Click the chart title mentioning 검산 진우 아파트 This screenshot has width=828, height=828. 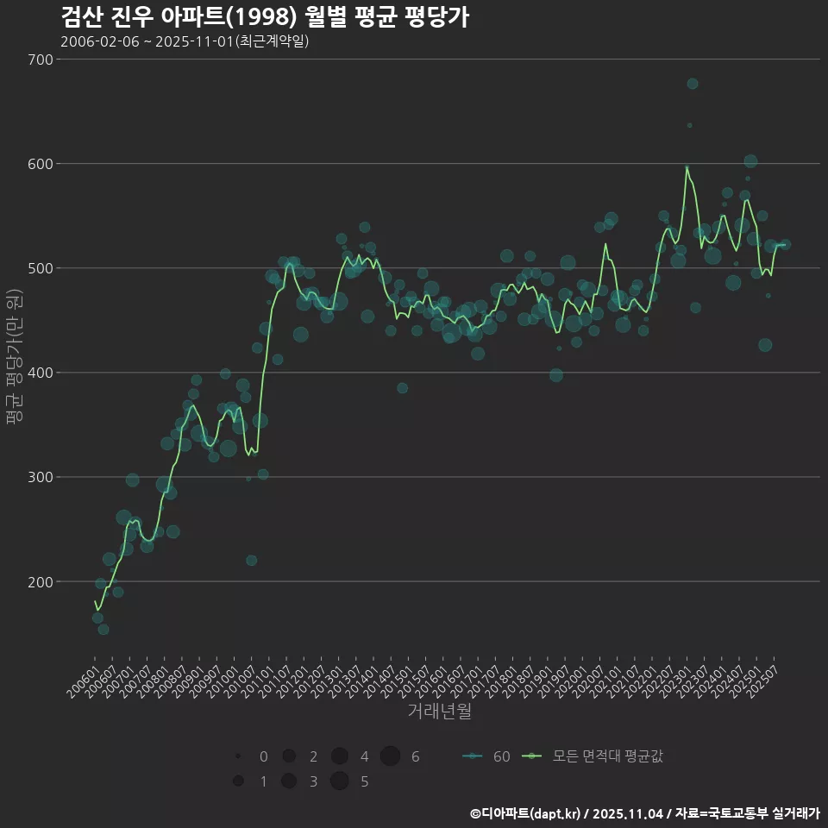point(265,17)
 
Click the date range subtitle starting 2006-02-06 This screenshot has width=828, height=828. point(185,41)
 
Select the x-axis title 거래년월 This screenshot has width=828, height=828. point(439,712)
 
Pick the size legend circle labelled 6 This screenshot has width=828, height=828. point(390,756)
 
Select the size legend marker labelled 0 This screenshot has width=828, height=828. point(237,756)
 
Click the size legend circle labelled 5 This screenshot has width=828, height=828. point(339,781)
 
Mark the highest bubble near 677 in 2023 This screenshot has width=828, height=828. point(693,84)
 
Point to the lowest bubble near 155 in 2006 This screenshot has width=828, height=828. point(103,629)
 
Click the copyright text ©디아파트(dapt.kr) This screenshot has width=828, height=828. point(525,813)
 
